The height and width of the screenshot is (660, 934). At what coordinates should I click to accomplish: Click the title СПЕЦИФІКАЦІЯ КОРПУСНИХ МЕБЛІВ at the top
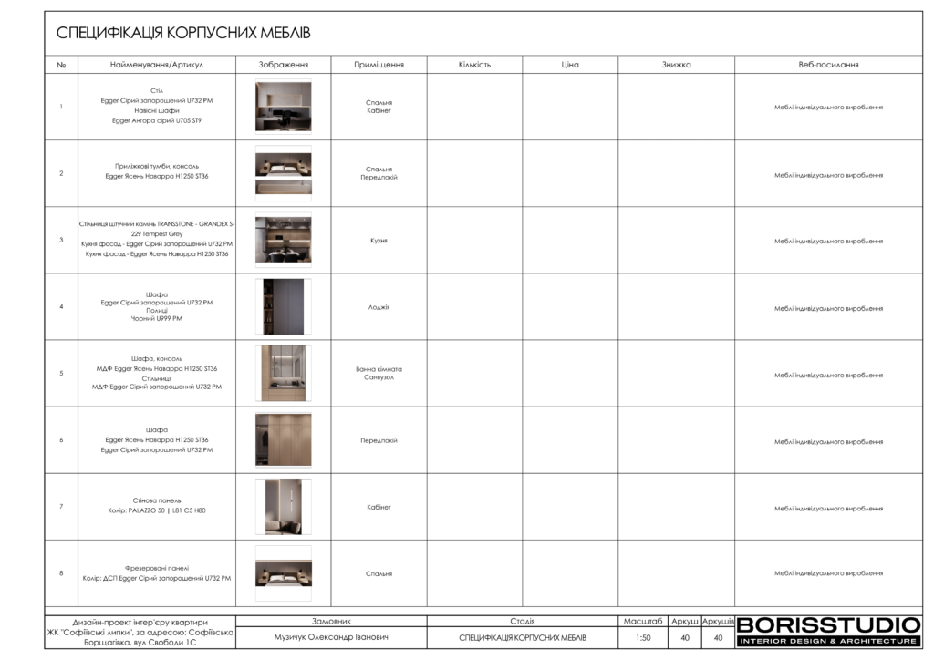(183, 34)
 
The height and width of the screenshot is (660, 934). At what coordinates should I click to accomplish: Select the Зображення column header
(283, 65)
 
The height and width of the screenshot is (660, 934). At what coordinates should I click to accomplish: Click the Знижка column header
(676, 65)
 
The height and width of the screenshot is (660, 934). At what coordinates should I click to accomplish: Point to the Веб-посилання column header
(828, 65)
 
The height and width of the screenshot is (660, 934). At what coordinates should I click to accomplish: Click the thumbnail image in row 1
(283, 107)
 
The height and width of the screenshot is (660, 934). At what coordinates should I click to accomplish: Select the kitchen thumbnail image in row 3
(283, 240)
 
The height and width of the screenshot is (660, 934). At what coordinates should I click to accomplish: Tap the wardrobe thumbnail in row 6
(283, 440)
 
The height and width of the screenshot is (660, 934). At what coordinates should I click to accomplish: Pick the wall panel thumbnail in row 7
(283, 507)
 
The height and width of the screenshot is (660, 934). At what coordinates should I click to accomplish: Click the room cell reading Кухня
(379, 241)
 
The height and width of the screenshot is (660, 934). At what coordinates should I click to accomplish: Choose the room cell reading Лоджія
(379, 307)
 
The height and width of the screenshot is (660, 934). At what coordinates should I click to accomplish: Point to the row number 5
(61, 374)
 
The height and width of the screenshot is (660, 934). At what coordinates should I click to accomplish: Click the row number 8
(61, 573)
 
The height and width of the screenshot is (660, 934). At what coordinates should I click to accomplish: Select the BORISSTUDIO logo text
(828, 625)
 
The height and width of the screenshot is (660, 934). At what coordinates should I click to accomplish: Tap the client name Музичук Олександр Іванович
(331, 637)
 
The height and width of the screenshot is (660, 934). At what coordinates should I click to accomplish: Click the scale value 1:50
(643, 638)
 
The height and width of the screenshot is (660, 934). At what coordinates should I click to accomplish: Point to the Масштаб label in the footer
(643, 621)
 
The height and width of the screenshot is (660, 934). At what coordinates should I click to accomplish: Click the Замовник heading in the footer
(331, 621)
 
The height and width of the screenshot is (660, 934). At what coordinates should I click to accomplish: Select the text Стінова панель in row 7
(157, 500)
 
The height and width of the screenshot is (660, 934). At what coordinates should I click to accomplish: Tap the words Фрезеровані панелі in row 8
(157, 568)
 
